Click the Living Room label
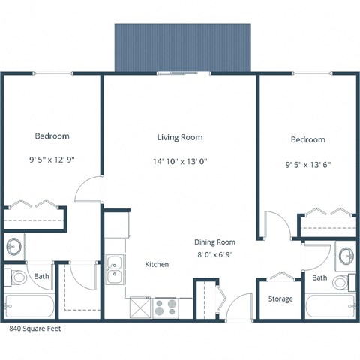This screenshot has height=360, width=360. coord(180,137)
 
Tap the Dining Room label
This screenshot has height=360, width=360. coord(215,242)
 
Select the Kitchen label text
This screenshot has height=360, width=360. coord(157,264)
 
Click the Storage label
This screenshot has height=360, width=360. coord(280,299)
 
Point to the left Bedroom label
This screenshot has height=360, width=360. coord(52,136)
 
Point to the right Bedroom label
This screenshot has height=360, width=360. coord(307,139)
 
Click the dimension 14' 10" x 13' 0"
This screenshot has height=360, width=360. coord(180,160)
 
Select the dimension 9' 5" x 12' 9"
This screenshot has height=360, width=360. coord(52,159)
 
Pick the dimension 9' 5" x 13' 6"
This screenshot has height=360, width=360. coord(307,163)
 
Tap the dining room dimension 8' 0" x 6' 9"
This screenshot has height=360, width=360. coord(215,255)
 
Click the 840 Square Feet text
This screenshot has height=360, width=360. coord(36,328)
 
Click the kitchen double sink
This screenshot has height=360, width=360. coord(115,269)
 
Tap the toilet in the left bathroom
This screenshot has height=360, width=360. coord(17,277)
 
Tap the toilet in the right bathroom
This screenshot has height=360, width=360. coord(342,283)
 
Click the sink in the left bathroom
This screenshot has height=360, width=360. coord(14,245)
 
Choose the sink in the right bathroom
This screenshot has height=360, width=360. coord(346,256)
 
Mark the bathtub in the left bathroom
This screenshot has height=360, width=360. coord(30,306)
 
